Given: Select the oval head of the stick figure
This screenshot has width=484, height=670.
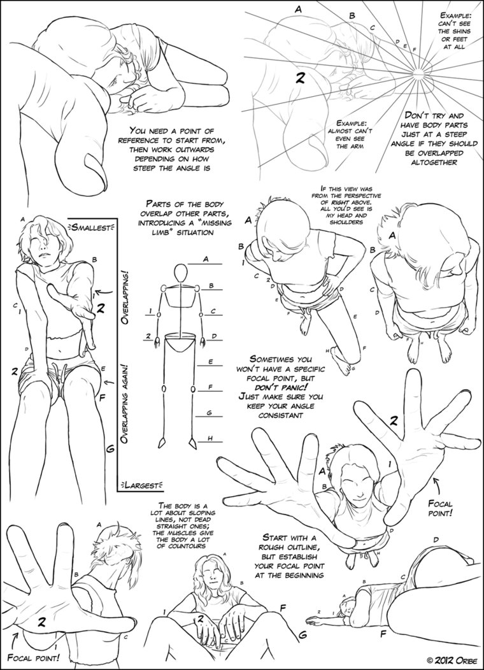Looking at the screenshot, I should pyautogui.click(x=182, y=273).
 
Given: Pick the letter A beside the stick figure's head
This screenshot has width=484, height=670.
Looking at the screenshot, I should pyautogui.click(x=206, y=259).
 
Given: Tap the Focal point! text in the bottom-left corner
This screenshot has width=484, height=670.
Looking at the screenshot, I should pyautogui.click(x=33, y=656).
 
